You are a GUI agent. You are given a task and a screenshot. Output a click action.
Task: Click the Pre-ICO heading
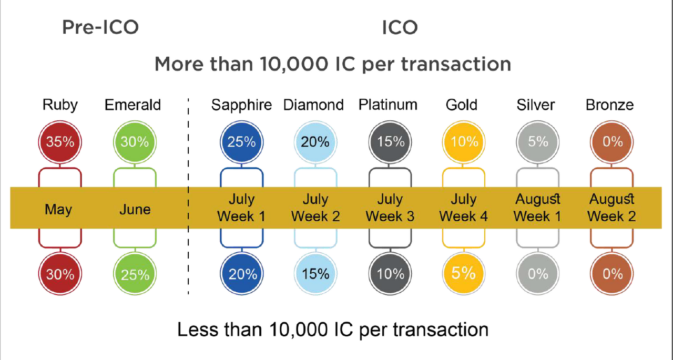[100, 27]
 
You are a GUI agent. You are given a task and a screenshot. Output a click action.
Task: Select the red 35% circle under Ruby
[60, 142]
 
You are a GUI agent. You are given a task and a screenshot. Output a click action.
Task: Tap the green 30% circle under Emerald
[135, 142]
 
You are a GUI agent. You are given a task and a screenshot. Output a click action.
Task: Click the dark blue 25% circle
[241, 142]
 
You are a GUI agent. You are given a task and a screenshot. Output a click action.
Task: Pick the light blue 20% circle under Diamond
[315, 142]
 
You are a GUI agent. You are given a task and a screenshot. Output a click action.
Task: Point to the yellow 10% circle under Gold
[464, 142]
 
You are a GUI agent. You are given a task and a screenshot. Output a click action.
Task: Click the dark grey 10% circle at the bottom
[390, 274]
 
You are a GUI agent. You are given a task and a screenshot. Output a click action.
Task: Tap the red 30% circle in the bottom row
[60, 274]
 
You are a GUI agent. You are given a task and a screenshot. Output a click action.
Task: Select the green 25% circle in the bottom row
[135, 274]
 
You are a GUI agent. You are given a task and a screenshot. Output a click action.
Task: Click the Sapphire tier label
[241, 105]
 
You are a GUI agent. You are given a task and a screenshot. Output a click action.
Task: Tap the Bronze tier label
[609, 105]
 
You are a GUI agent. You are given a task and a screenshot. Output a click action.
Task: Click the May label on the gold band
[58, 210]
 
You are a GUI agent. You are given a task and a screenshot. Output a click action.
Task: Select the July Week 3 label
[390, 208]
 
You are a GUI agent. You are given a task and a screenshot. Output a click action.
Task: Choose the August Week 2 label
[611, 208]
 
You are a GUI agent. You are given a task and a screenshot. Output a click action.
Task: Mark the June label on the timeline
[135, 210]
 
